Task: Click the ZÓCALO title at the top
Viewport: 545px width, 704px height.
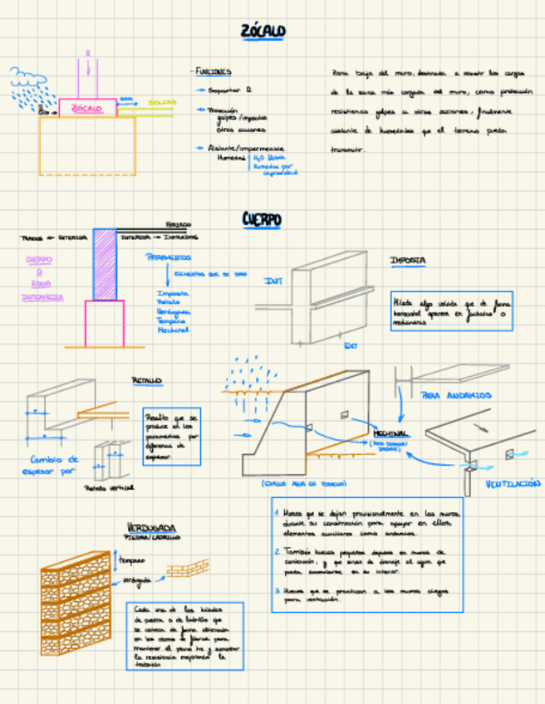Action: pos(263,32)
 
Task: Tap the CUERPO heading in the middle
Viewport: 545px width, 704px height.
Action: pos(262,219)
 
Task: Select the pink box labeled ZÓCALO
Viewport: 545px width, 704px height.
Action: pos(87,108)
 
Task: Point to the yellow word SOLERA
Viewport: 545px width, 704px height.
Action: pos(162,102)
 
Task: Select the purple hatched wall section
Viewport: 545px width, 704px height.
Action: pos(105,264)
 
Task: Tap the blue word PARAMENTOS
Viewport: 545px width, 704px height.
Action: pos(168,257)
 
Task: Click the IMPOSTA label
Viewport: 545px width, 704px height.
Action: pos(408,261)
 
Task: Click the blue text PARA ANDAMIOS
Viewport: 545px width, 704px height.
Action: pos(456,395)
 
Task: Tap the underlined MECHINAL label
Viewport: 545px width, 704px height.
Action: pos(390,434)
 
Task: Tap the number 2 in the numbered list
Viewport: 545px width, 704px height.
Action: pos(277,550)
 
